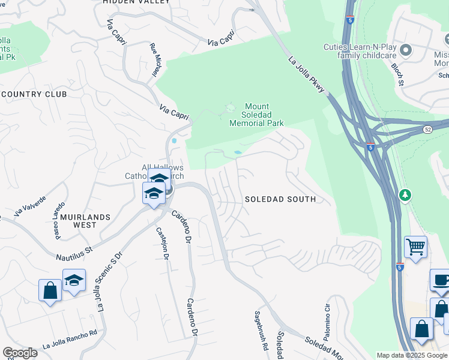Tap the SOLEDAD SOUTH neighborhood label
[x=280, y=199]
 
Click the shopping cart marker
[x=415, y=246]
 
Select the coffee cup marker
[x=441, y=281]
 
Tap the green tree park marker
[x=406, y=195]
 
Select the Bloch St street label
[x=397, y=74]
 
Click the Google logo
[x=20, y=353]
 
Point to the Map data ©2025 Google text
[x=412, y=355]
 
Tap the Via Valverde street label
[x=29, y=205]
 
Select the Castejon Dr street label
[x=161, y=244]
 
